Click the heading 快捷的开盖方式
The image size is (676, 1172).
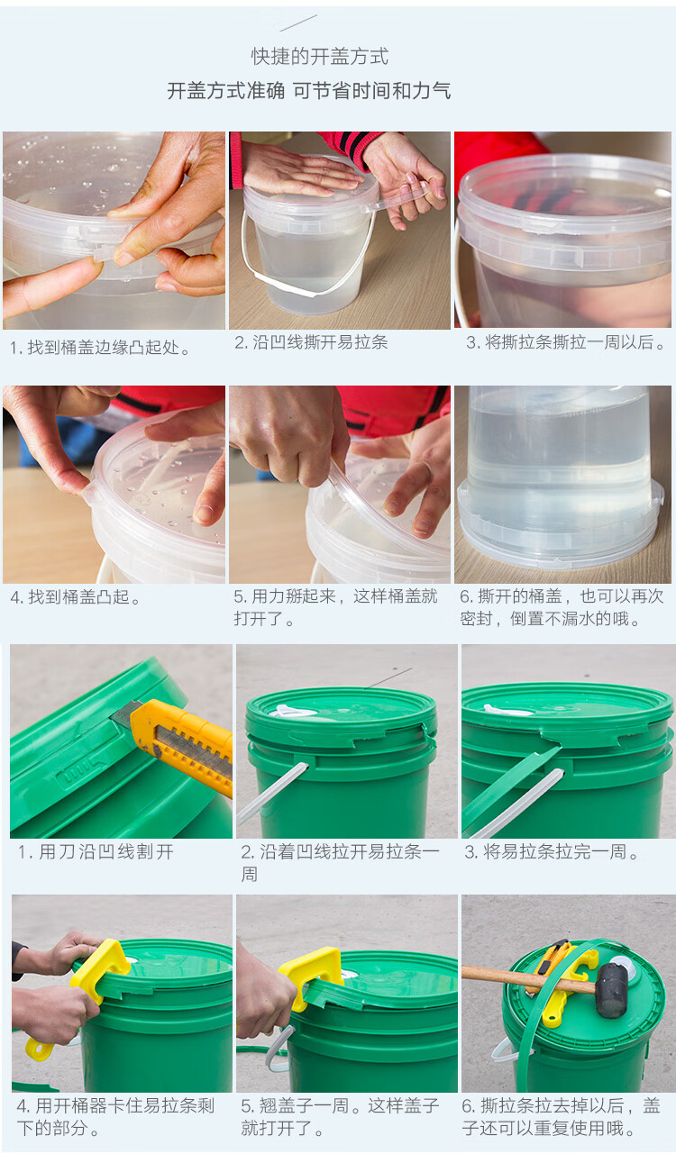tap(319, 57)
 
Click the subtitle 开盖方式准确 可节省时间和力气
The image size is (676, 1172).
tap(309, 90)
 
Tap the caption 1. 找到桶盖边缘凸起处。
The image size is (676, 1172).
tap(100, 348)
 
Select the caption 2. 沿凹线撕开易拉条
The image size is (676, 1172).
tap(311, 342)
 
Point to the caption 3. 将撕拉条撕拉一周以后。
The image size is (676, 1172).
tap(565, 342)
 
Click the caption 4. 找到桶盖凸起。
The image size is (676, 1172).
tap(76, 597)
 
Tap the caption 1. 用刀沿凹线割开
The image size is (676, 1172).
tap(96, 852)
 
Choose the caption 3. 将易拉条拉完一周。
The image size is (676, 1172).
tap(552, 852)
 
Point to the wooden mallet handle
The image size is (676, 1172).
tap(529, 980)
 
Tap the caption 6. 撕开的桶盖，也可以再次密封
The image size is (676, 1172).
tap(562, 607)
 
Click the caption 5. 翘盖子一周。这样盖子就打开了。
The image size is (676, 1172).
tap(340, 1117)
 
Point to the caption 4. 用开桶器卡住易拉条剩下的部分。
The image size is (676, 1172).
tap(115, 1117)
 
